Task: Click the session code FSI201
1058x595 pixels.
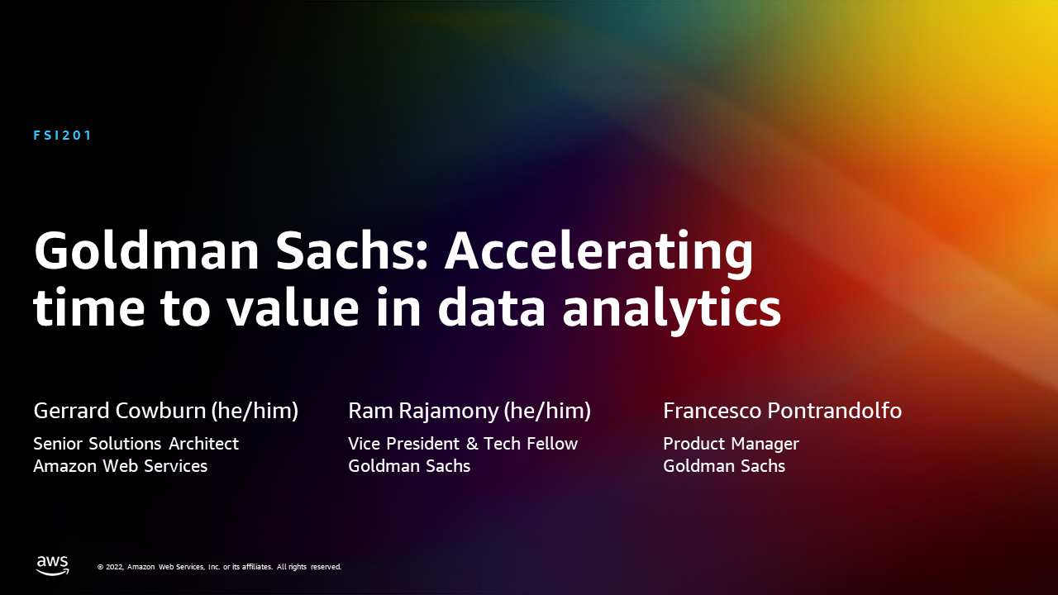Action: tap(62, 136)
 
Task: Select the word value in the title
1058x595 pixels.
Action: tap(293, 307)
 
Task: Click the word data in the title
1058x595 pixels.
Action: tap(492, 307)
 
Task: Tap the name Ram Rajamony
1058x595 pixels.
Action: tap(423, 412)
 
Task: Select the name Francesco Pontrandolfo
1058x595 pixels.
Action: tap(782, 411)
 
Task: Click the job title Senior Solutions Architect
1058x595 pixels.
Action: tap(136, 444)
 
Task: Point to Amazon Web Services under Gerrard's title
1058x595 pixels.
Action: tap(121, 466)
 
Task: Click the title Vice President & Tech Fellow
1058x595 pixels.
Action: tap(463, 444)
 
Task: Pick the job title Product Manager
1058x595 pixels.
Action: tap(732, 445)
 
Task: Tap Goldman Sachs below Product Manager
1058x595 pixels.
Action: tap(724, 466)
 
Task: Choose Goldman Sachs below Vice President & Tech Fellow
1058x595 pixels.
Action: tap(409, 466)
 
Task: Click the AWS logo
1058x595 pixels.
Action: tap(52, 565)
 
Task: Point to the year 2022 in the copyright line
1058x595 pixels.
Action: tap(115, 567)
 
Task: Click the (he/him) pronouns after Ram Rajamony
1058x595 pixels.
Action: tap(547, 412)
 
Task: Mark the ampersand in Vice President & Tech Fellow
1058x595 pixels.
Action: tap(471, 444)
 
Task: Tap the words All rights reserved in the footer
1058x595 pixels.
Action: tap(309, 567)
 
